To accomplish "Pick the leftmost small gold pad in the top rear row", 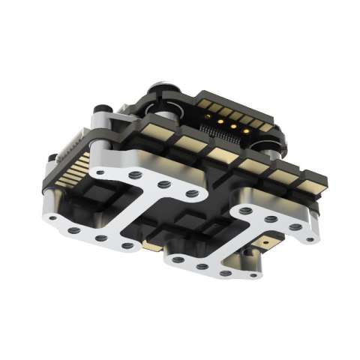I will pos(203,98).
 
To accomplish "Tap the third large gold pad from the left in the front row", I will pos(219,153).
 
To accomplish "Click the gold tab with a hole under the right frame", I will pos(268,241).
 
